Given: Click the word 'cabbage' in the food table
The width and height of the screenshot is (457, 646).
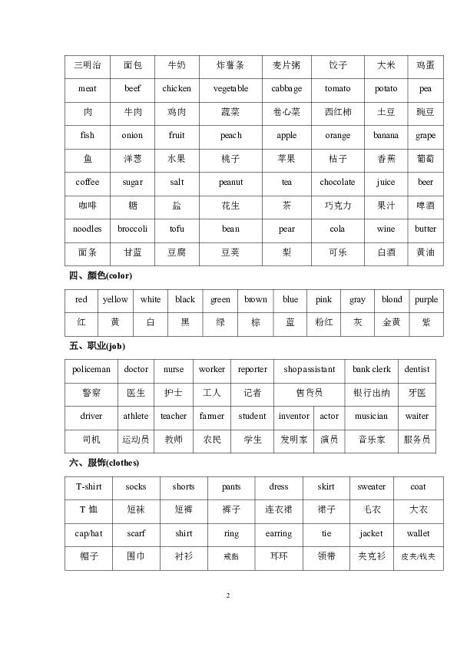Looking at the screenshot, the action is point(286,89).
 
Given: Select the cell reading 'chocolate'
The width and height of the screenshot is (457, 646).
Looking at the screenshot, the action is point(337,183).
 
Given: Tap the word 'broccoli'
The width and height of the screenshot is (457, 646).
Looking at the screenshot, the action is point(132,229).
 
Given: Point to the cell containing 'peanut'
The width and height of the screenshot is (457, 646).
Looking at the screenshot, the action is point(230,183).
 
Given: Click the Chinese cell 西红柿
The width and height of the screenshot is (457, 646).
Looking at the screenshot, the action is point(337,112).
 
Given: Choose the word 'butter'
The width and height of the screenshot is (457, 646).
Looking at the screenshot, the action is point(426,229).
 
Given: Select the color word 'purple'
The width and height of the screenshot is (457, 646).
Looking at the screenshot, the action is point(426,300).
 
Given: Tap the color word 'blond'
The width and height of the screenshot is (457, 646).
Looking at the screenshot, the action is point(392,300).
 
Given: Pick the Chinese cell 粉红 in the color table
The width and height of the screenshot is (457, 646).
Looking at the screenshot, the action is point(323,323).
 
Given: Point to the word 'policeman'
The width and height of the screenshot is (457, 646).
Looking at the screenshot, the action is point(91,370).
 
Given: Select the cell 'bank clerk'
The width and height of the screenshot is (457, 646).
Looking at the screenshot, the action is point(372,370).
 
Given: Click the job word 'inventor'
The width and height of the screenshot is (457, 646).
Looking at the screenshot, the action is point(293,417).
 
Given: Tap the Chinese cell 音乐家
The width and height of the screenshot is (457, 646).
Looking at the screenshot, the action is point(372,440).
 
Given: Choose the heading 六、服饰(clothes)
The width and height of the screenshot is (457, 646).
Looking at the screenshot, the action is point(104,463).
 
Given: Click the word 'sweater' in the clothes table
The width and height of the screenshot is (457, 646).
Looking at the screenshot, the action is point(372,487).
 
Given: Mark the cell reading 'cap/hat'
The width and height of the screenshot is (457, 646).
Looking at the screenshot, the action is point(89,534).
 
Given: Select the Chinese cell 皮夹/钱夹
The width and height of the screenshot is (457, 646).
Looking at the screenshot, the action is point(418,557).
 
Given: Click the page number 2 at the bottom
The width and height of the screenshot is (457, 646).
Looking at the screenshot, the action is point(228,595).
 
